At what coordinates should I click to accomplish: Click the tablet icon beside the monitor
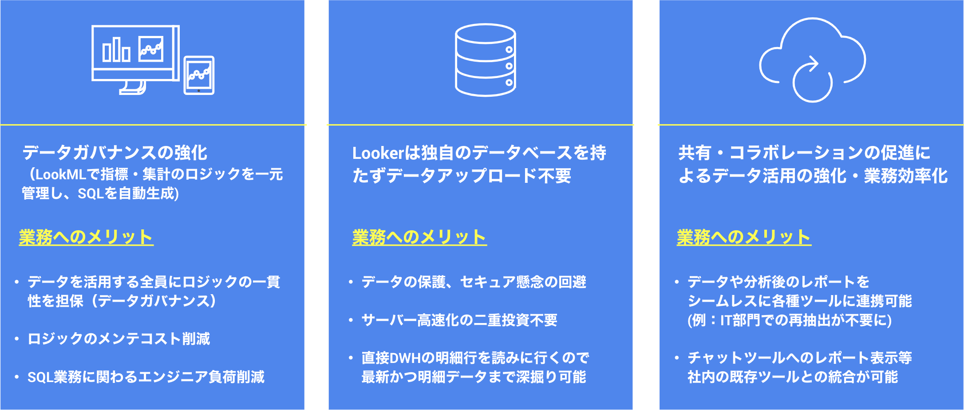pos(199,75)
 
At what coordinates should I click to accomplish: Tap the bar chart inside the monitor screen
pos(116,49)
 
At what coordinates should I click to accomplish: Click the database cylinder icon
pos(486,60)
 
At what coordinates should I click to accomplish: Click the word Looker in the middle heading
pos(377,153)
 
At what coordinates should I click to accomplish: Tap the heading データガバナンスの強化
pos(115,153)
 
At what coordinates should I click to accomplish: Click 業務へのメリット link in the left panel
pos(86,237)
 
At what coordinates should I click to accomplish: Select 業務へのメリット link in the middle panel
pos(419,237)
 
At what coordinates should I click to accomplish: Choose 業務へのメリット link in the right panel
pos(744,237)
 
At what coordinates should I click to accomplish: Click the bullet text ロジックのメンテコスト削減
pos(119,339)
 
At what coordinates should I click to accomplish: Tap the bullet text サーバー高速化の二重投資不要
pos(459,320)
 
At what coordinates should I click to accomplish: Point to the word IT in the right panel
pos(726,320)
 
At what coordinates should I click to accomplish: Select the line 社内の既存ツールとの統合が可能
pos(793,377)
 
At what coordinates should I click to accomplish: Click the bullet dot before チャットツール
pos(676,358)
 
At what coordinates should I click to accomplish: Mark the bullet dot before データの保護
pos(351,282)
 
